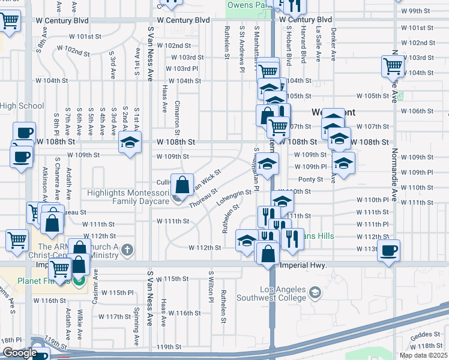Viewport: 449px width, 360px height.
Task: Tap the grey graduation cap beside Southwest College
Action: coord(314,293)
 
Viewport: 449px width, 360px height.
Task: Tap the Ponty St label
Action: coord(310,179)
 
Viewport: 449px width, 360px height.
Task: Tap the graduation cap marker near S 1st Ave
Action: coord(129,143)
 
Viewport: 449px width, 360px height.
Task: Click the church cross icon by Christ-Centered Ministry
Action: coord(126,248)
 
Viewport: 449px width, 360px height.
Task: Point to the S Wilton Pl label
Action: coord(211,287)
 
